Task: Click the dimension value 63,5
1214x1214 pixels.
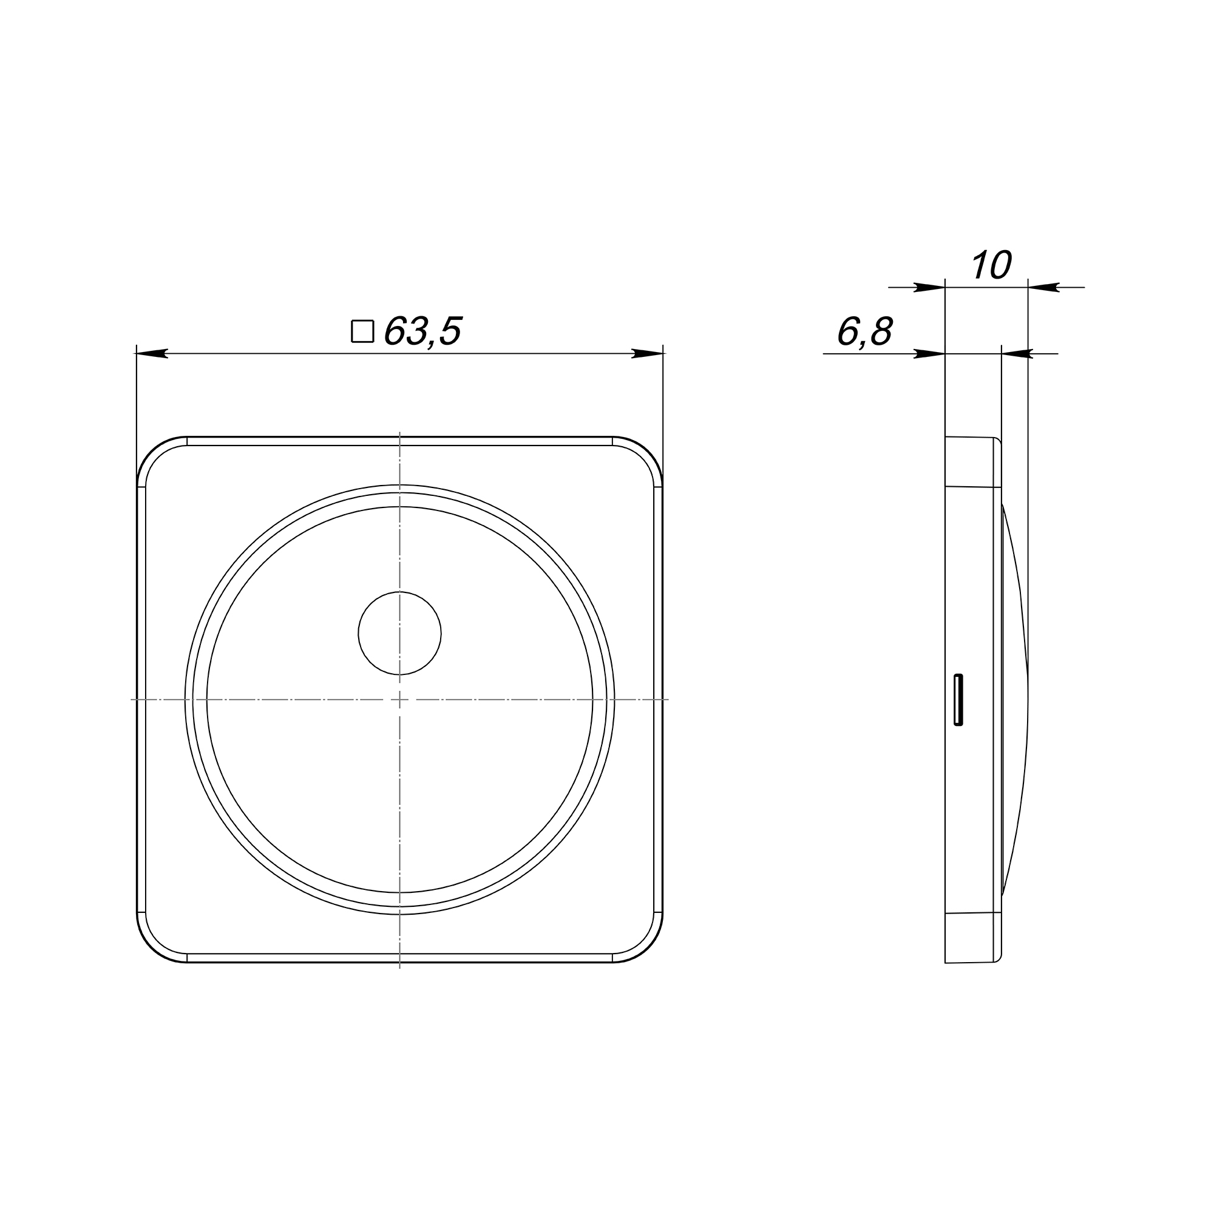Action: (x=423, y=331)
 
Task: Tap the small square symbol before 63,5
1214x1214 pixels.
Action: (x=362, y=331)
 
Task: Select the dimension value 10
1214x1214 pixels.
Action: (x=992, y=265)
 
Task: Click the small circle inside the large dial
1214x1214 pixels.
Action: (x=399, y=632)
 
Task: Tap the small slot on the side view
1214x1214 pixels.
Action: (x=958, y=700)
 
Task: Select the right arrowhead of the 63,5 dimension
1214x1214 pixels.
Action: (x=648, y=354)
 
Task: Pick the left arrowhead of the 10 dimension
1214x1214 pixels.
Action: (x=929, y=288)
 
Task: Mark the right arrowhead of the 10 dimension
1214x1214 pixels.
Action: (x=1043, y=288)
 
